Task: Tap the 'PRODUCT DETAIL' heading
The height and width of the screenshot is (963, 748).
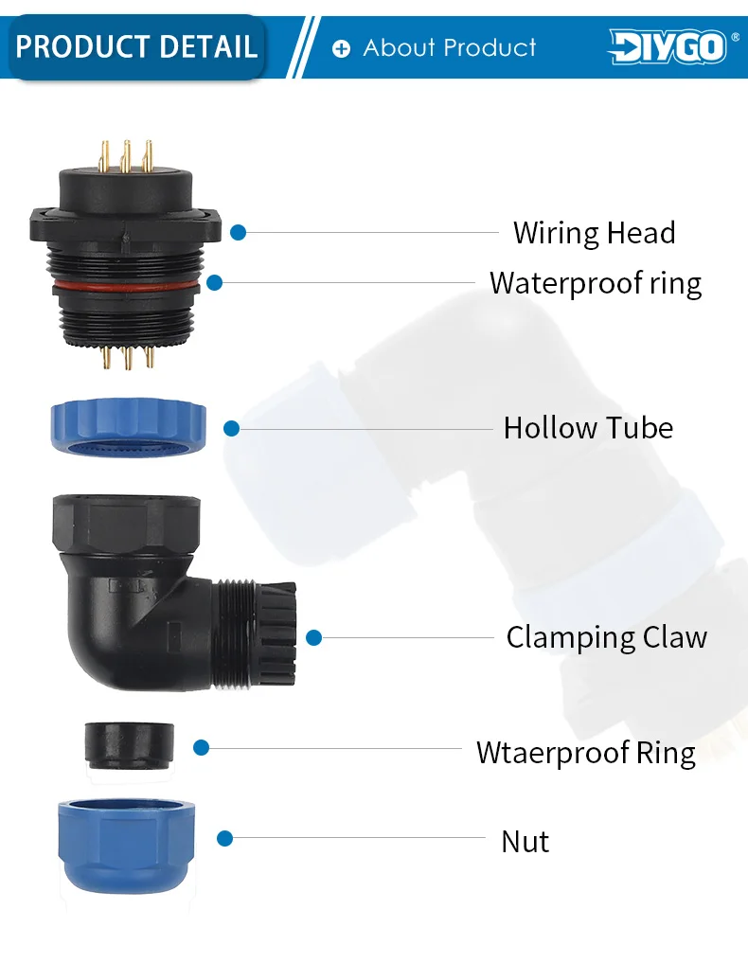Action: pyautogui.click(x=137, y=46)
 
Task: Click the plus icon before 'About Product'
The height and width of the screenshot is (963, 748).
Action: pyautogui.click(x=341, y=48)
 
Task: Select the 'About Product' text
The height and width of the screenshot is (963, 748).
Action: pyautogui.click(x=449, y=47)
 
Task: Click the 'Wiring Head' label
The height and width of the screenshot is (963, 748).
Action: pyautogui.click(x=594, y=233)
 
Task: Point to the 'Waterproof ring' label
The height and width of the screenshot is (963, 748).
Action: pyautogui.click(x=595, y=283)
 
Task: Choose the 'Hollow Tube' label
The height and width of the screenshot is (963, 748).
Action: pyautogui.click(x=587, y=428)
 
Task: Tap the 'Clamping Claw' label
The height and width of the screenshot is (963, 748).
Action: pyautogui.click(x=606, y=637)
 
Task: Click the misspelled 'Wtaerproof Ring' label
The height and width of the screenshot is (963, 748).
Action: pyautogui.click(x=585, y=753)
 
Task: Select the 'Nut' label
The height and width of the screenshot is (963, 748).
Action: pyautogui.click(x=525, y=841)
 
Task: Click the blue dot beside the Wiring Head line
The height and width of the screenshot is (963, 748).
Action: pyautogui.click(x=239, y=232)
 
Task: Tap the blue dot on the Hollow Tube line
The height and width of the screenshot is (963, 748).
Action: pyautogui.click(x=231, y=428)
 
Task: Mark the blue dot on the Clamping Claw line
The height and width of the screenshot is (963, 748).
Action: pyautogui.click(x=314, y=638)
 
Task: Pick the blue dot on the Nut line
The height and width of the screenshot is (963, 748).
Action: pyautogui.click(x=224, y=838)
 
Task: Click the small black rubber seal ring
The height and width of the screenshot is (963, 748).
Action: pyautogui.click(x=129, y=744)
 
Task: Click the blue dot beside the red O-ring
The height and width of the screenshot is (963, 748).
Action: pyautogui.click(x=215, y=282)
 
